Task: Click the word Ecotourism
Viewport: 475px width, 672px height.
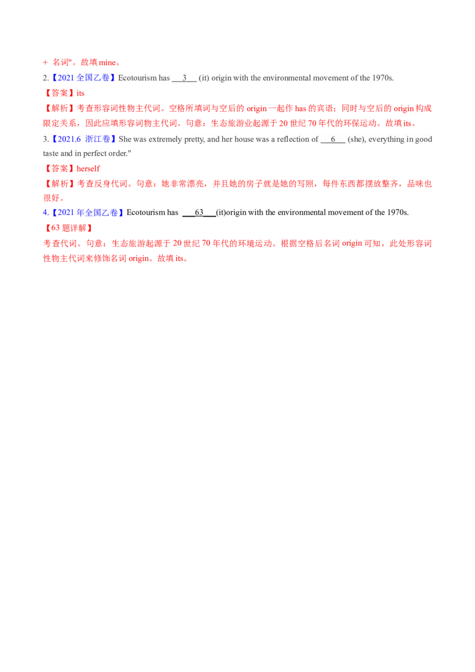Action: pyautogui.click(x=136, y=78)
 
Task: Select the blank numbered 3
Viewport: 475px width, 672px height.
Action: pyautogui.click(x=184, y=78)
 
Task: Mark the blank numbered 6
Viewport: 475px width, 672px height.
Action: pyautogui.click(x=333, y=140)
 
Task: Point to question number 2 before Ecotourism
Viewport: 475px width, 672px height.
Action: pyautogui.click(x=46, y=78)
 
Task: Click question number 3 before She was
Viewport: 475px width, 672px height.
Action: pyautogui.click(x=46, y=140)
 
